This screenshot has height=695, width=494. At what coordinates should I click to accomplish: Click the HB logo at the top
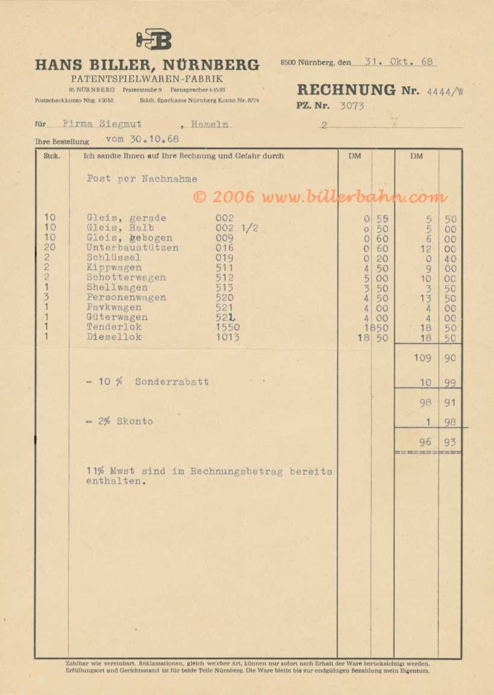[154, 40]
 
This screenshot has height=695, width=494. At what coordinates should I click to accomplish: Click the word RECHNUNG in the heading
[346, 90]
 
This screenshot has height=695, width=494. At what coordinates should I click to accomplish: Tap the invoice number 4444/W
[445, 92]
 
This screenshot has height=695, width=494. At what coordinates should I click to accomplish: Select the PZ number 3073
[352, 106]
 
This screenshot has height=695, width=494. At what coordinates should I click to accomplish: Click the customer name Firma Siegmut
[102, 124]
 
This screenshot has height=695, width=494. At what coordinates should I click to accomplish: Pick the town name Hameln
[210, 124]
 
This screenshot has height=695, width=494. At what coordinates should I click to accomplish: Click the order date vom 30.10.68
[142, 139]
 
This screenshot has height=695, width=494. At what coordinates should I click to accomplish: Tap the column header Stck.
[51, 156]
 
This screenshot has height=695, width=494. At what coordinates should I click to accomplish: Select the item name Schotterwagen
[126, 278]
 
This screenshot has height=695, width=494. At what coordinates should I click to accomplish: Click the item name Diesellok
[114, 337]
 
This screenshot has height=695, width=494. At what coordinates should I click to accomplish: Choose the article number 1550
[228, 327]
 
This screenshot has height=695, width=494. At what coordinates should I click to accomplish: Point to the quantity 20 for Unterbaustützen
[50, 248]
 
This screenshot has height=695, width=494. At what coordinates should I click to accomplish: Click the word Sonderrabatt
[172, 382]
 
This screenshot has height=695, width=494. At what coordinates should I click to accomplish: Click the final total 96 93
[437, 442]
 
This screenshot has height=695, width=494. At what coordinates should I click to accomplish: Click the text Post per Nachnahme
[142, 179]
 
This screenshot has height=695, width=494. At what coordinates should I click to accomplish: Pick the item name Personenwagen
[126, 298]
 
